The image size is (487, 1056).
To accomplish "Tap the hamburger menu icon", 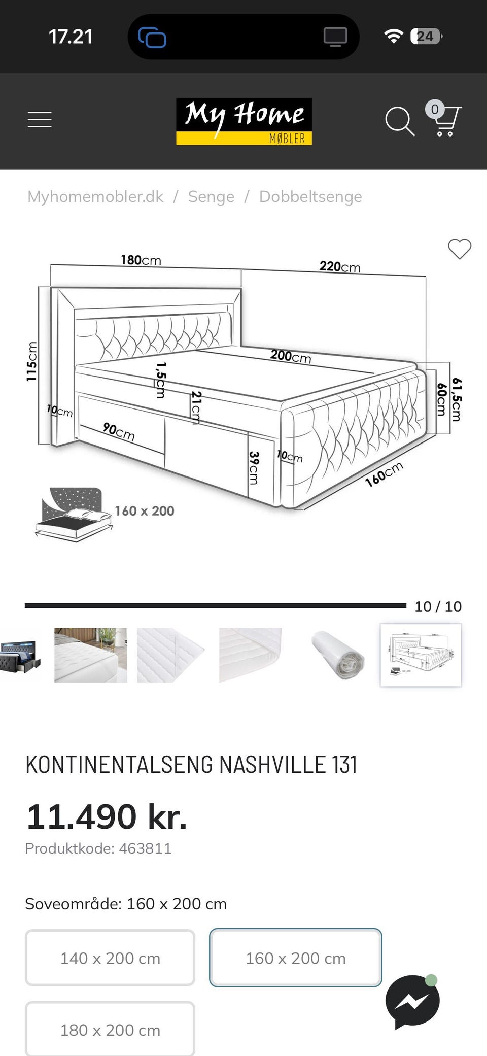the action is (x=40, y=120).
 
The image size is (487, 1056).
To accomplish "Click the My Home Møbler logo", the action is (x=244, y=121).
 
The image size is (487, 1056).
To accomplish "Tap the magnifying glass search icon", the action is (x=400, y=121).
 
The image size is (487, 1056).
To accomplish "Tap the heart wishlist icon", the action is (x=460, y=249).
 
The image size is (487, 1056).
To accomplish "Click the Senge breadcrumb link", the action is (x=211, y=196).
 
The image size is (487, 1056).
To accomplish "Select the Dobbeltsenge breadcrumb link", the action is (x=310, y=196).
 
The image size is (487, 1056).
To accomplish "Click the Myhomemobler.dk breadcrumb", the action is (x=95, y=196).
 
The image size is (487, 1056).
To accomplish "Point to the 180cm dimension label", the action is (x=141, y=260).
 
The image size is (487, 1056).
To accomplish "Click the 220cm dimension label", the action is (x=340, y=266).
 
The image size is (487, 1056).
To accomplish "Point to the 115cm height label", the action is (x=32, y=361).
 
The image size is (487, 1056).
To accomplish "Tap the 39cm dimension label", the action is (x=254, y=467).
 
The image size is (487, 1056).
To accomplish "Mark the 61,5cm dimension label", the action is (x=456, y=399).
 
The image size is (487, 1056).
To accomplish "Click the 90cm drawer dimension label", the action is (x=119, y=431).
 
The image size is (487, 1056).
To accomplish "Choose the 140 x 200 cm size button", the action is (x=110, y=958).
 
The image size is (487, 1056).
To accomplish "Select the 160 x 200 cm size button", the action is (x=295, y=958).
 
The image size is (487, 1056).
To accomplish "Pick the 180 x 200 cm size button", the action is (x=110, y=1029).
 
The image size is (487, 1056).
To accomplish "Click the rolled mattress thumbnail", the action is (x=338, y=655).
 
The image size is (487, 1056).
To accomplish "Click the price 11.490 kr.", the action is (x=107, y=816).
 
